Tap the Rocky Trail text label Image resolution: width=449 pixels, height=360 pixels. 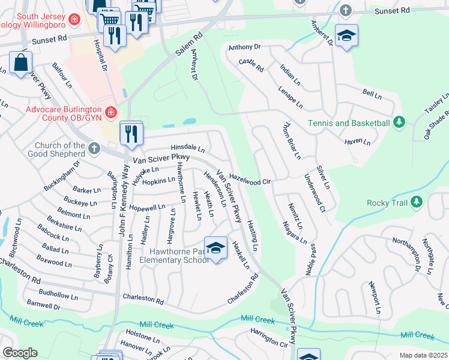pyautogui.click(x=388, y=202)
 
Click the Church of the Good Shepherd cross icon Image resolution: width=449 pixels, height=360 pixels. pyautogui.click(x=94, y=148)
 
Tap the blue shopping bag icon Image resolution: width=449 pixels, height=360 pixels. pyautogui.click(x=20, y=63)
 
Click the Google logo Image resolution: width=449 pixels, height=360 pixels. pyautogui.click(x=19, y=353)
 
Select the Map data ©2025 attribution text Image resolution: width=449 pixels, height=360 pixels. pyautogui.click(x=423, y=355)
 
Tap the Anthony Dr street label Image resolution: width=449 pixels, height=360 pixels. pyautogui.click(x=245, y=47)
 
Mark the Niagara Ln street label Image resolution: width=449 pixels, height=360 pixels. pyautogui.click(x=295, y=233)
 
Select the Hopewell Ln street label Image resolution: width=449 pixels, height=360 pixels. pyautogui.click(x=147, y=208)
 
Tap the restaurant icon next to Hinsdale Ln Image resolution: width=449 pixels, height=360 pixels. pyautogui.click(x=130, y=134)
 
